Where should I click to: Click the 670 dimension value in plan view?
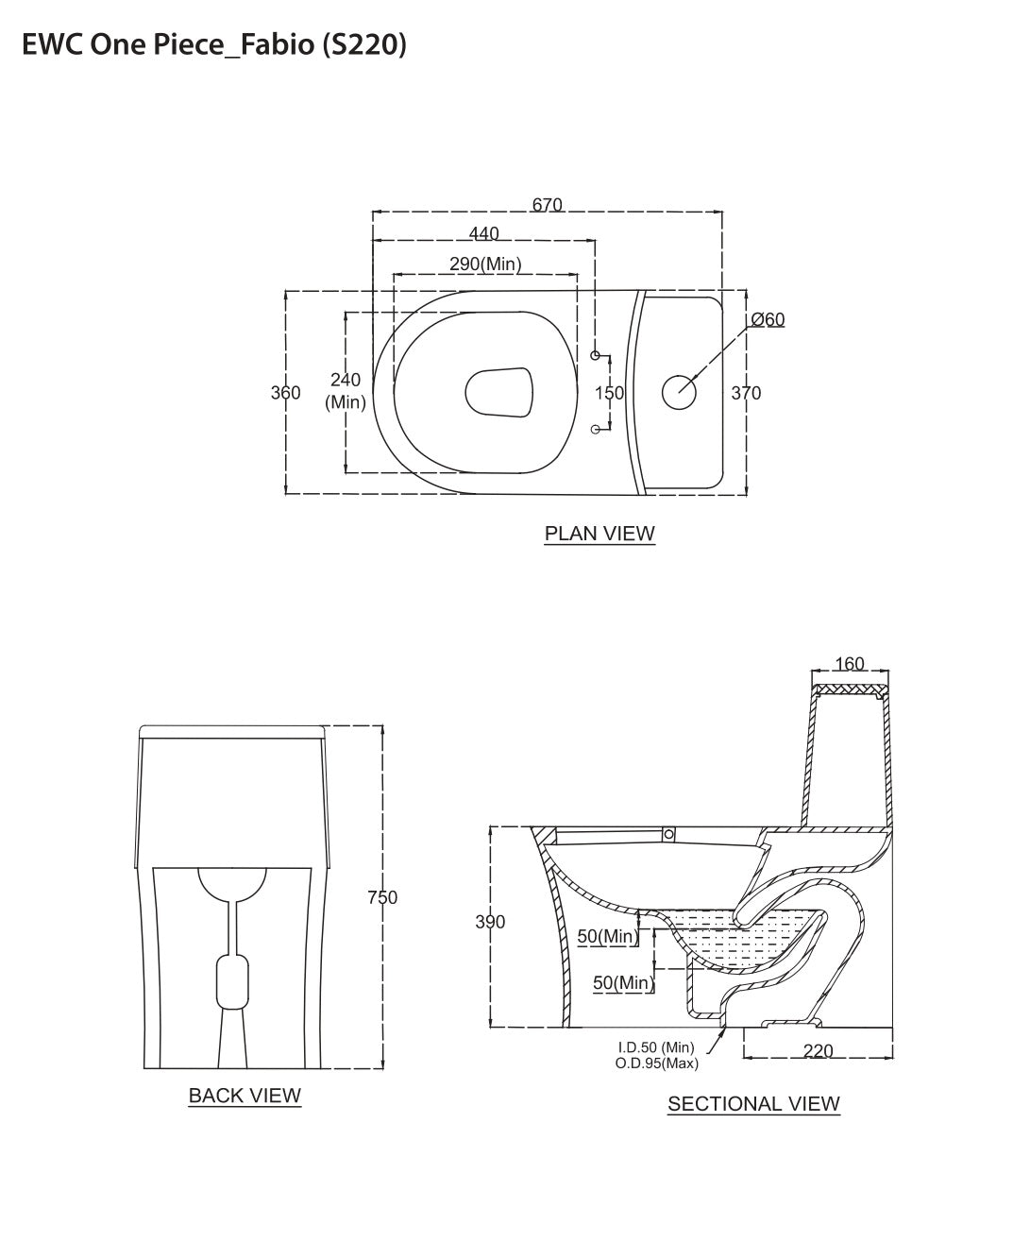click(x=547, y=205)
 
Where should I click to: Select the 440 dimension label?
click(x=483, y=233)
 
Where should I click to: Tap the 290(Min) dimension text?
click(x=485, y=264)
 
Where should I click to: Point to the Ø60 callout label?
click(x=768, y=319)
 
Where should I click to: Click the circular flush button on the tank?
click(x=678, y=392)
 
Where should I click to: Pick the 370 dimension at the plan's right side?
click(x=746, y=393)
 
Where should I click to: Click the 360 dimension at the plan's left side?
click(x=285, y=393)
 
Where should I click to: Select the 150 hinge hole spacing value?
click(x=609, y=393)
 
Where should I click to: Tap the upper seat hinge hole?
click(x=596, y=355)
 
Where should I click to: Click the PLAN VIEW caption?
click(x=599, y=534)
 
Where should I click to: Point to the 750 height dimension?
click(x=382, y=897)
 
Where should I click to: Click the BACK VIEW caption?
click(x=245, y=1096)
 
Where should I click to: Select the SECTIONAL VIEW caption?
click(x=753, y=1103)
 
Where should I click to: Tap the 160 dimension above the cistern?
click(x=850, y=664)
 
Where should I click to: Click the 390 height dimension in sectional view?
click(x=490, y=922)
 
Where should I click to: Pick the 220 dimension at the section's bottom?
click(x=818, y=1050)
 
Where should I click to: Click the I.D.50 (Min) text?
click(x=656, y=1047)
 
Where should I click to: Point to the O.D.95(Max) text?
click(x=656, y=1063)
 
